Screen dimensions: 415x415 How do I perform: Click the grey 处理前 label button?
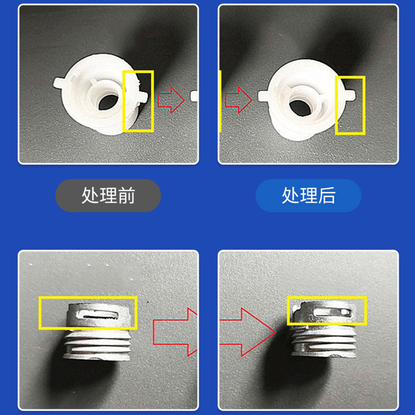click(108, 196)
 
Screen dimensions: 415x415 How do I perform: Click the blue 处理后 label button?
click(308, 196)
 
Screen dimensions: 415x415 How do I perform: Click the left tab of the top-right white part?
click(264, 95)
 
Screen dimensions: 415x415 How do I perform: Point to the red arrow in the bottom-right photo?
click(246, 329)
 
